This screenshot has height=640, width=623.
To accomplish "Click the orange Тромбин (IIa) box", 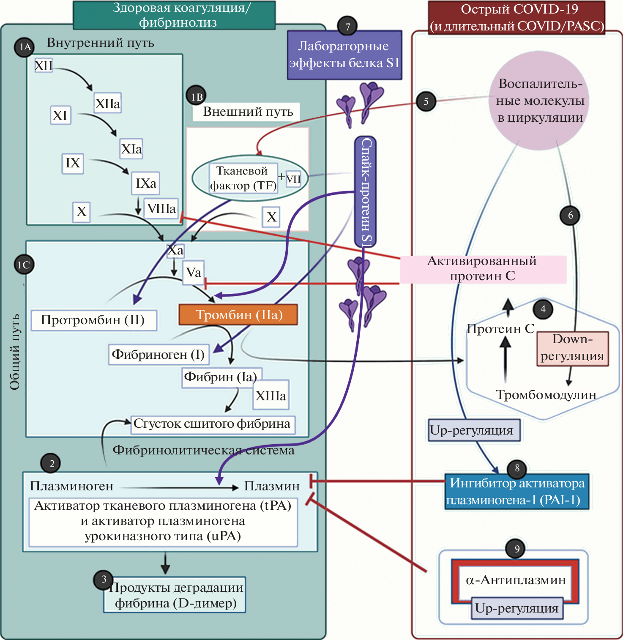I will tap(238, 315).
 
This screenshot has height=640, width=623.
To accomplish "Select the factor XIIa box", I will tap(108, 104).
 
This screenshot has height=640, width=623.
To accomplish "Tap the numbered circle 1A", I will tap(25, 46).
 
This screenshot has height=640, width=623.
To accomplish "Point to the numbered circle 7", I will tap(347, 27).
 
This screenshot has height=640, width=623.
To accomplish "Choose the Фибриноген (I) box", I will tap(158, 354).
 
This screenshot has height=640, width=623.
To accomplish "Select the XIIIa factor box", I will tap(271, 396).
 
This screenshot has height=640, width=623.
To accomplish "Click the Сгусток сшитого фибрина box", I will tap(212, 424).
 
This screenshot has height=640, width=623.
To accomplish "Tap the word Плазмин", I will tap(272, 486).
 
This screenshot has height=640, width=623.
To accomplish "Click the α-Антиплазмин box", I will tap(515, 580).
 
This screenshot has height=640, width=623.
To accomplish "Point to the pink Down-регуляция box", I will tap(572, 348).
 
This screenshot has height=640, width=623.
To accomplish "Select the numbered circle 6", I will tap(570, 216).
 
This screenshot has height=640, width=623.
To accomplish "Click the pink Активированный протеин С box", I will tap(483, 269).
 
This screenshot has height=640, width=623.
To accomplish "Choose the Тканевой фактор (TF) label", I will tap(243, 178).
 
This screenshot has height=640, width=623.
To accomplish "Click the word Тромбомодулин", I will tap(546, 395).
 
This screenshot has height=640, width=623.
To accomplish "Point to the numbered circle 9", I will tap(516, 549).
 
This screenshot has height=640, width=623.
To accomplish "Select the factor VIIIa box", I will tap(161, 208).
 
